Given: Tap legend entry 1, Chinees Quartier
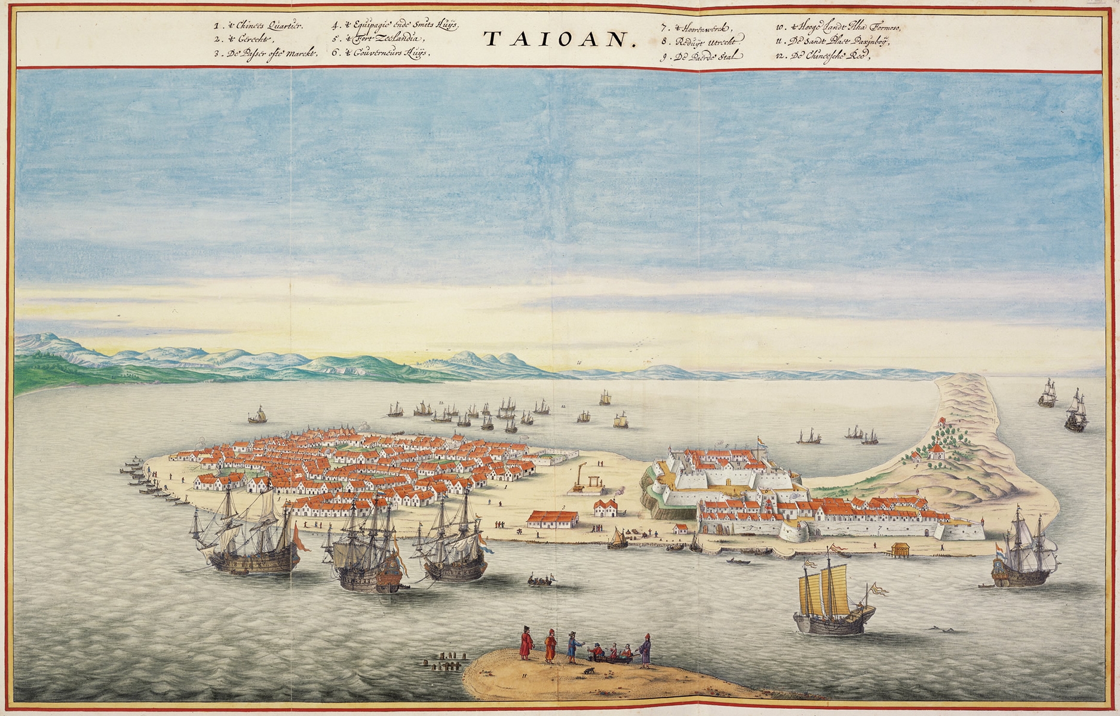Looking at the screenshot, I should click(x=251, y=26).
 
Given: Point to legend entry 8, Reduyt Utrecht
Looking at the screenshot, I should click(x=702, y=42).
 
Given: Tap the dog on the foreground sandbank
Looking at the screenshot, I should click(x=590, y=671).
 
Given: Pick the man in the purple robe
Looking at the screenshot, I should click(x=646, y=651).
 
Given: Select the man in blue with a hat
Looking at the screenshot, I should click(x=573, y=648).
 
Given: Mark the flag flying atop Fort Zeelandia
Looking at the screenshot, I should click(x=761, y=442).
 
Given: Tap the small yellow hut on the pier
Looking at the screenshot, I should click(x=900, y=549).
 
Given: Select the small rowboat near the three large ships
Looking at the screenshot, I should click(x=541, y=580).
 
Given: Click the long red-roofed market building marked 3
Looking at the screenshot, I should click(x=553, y=519).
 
